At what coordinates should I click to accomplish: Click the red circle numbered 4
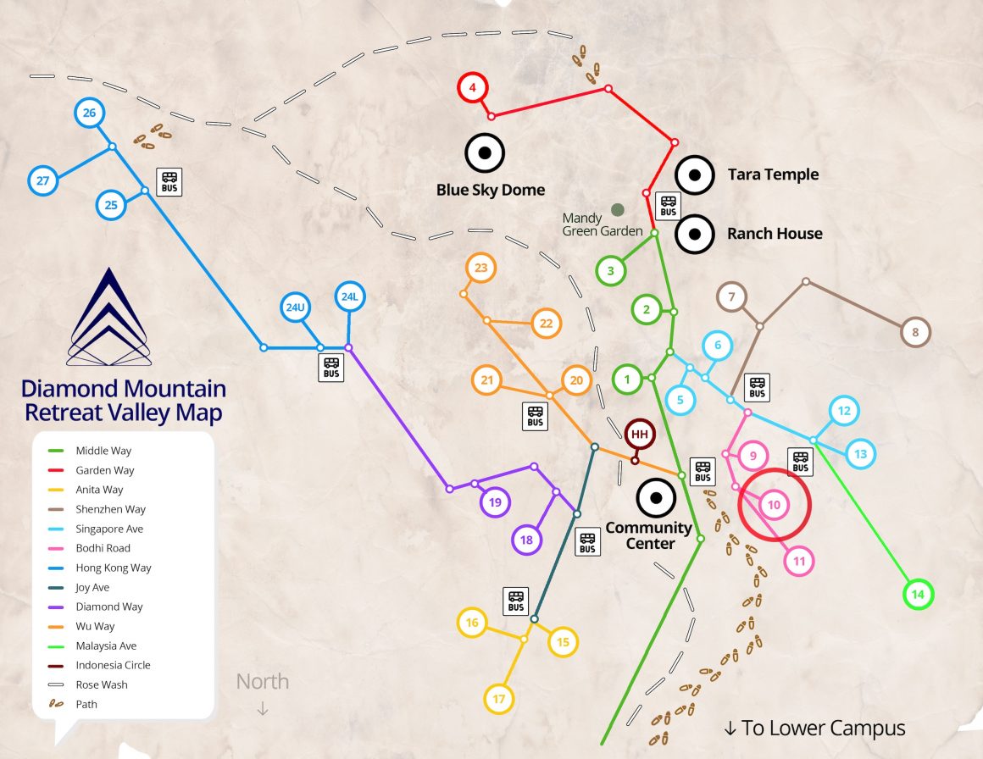pos(473,87)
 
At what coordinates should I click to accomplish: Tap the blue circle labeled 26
pos(89,113)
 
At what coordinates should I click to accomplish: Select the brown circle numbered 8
pos(915,332)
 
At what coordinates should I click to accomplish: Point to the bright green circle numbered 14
pos(917,595)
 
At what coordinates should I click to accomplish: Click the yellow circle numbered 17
pos(498,699)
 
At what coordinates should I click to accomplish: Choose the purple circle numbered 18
pos(526,540)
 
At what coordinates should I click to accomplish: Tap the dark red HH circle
pos(640,435)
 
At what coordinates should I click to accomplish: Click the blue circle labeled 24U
pos(295,307)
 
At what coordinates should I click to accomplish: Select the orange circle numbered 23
pos(481,269)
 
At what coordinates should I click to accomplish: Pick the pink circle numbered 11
pos(798,561)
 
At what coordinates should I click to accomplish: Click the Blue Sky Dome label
pos(491,190)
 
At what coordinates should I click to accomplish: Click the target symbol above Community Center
pos(655,498)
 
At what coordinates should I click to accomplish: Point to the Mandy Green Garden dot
pos(618,209)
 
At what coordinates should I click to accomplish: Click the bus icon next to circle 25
pos(169,180)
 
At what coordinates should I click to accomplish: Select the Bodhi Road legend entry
pos(103,548)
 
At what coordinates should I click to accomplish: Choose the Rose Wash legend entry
pos(102,684)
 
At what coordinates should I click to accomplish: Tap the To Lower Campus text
pos(814,729)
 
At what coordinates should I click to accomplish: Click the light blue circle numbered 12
pos(844,412)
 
